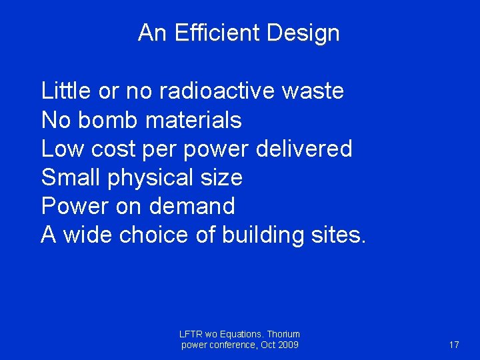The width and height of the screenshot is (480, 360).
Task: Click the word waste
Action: pyautogui.click(x=313, y=91)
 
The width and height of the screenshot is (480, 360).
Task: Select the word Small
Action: pyautogui.click(x=67, y=177)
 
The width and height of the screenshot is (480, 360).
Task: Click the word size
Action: pyautogui.click(x=221, y=177)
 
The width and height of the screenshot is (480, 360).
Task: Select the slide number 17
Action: pyautogui.click(x=454, y=345)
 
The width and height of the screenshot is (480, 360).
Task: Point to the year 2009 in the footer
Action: pyautogui.click(x=287, y=345)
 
